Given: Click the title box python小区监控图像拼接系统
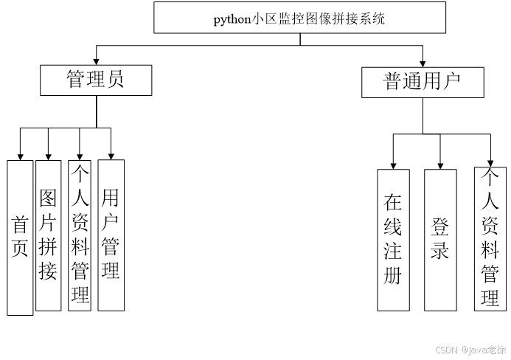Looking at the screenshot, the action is (x=299, y=18).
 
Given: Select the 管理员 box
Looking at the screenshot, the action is (x=96, y=80).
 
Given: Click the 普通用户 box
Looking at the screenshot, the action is (x=423, y=82).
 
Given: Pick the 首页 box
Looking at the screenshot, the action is (x=21, y=237).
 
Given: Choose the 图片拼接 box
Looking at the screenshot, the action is (x=48, y=234).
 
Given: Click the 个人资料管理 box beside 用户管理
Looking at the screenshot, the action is (x=80, y=235).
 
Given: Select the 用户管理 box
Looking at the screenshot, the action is (x=111, y=234).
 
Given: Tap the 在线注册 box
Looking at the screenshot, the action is (x=393, y=239).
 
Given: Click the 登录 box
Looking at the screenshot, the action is (x=440, y=239).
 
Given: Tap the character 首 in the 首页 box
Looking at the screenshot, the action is (x=21, y=224).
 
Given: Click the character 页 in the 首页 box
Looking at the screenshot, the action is (x=21, y=249).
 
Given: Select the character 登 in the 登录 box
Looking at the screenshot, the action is (x=440, y=226).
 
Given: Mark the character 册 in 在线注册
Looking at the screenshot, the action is (x=393, y=276).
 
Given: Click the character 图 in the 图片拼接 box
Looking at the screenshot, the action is (x=48, y=198).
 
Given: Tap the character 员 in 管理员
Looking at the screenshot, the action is (x=116, y=80).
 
